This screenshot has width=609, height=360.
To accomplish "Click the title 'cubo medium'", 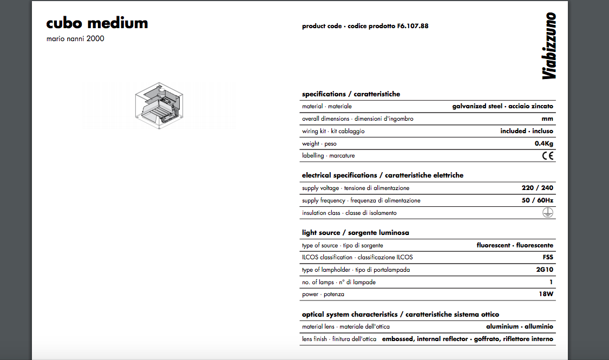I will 97,23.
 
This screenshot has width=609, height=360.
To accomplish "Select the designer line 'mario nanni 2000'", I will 75,39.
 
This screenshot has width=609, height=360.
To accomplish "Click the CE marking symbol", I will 548,156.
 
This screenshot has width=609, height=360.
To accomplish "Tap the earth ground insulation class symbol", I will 548,213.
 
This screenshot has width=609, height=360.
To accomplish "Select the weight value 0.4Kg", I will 544,143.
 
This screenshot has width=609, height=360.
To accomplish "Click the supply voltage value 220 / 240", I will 538,188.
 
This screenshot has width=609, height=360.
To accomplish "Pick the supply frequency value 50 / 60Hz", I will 538,200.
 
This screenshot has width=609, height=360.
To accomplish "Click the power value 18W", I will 546,294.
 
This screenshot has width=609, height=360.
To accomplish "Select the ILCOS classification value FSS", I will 548,257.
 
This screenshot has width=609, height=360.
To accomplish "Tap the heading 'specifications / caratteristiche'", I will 351,94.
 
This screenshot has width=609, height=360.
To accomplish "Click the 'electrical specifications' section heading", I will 382,175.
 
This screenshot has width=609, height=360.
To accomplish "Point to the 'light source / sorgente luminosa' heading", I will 355,233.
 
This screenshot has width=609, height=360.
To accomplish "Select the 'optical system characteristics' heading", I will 400,315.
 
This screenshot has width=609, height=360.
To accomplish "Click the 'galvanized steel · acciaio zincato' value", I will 502,106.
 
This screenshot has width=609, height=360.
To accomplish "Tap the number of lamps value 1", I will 551,282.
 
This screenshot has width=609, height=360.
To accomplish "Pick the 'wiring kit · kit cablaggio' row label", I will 333,131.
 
